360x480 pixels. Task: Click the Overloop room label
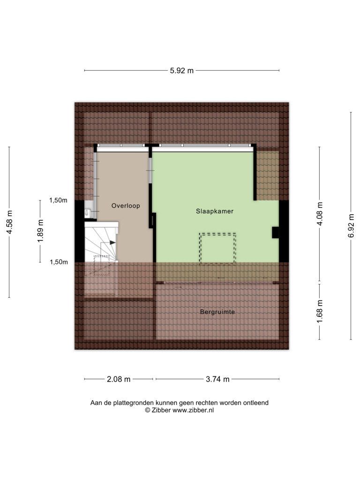click(x=126, y=206)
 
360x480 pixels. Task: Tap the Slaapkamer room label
click(x=215, y=211)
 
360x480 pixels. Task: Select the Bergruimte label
click(x=217, y=312)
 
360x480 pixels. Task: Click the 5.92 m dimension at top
click(x=182, y=71)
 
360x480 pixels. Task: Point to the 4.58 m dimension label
click(x=9, y=222)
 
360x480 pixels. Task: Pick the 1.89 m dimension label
click(x=40, y=231)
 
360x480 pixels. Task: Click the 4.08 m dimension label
click(x=320, y=214)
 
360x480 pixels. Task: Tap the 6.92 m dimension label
click(x=351, y=225)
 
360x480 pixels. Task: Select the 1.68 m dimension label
click(x=320, y=311)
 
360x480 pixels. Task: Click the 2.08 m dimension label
click(x=119, y=379)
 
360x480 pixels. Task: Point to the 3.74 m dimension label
click(x=217, y=379)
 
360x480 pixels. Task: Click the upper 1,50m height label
click(x=58, y=201)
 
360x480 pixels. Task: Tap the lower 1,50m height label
click(x=59, y=262)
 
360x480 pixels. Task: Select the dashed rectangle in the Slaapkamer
click(x=217, y=248)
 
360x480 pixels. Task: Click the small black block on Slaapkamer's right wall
click(x=276, y=232)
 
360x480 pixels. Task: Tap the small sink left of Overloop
click(x=88, y=211)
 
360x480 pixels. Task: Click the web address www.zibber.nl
click(x=193, y=411)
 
